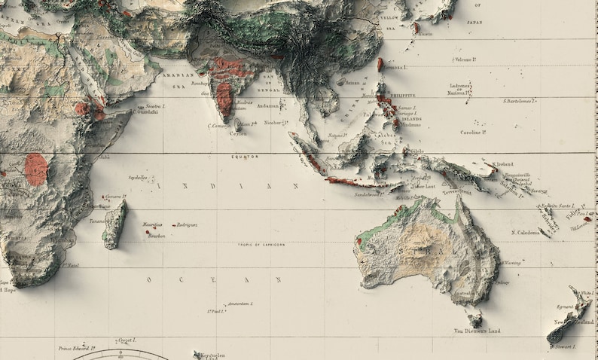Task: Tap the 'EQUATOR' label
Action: [245, 157]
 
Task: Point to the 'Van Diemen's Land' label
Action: [477, 331]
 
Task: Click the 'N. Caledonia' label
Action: [526, 233]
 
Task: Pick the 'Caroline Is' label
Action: [473, 132]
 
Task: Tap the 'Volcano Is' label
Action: [470, 59]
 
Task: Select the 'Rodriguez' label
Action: [188, 224]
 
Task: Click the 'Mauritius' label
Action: [152, 224]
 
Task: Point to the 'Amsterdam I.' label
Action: [240, 304]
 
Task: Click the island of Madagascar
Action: [114, 224]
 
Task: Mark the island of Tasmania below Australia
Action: [473, 316]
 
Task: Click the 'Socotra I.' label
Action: [155, 106]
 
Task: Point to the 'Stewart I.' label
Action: [564, 347]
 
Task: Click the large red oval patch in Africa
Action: [35, 169]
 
